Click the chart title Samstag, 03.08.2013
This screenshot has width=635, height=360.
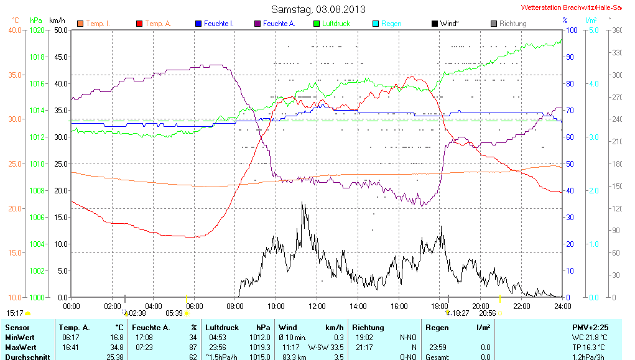(x=318, y=9)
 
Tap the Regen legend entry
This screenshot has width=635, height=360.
(x=391, y=24)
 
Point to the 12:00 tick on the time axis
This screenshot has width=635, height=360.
(x=317, y=306)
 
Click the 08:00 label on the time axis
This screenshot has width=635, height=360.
(x=235, y=306)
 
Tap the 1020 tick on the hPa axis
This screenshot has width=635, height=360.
(x=38, y=30)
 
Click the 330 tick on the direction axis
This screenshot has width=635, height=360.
(x=617, y=52)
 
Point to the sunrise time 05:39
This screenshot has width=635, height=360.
(x=174, y=313)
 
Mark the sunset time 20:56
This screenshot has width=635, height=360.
(x=487, y=313)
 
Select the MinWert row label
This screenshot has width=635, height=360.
(x=19, y=337)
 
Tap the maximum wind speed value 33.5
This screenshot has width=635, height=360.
(x=336, y=347)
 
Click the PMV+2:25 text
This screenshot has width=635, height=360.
(x=590, y=327)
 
